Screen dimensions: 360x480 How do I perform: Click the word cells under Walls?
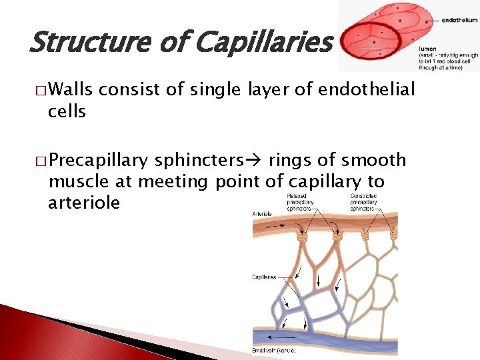click(67, 111)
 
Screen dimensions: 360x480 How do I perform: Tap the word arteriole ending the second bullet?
click(84, 202)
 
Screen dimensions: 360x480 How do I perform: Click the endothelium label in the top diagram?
click(459, 21)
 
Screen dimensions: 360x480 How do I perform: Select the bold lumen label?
click(427, 49)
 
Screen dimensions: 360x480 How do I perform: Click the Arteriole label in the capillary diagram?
click(262, 213)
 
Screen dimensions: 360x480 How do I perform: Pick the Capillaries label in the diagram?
click(265, 276)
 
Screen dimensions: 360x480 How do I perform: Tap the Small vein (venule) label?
click(274, 351)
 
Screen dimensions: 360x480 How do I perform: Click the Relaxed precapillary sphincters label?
click(301, 202)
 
